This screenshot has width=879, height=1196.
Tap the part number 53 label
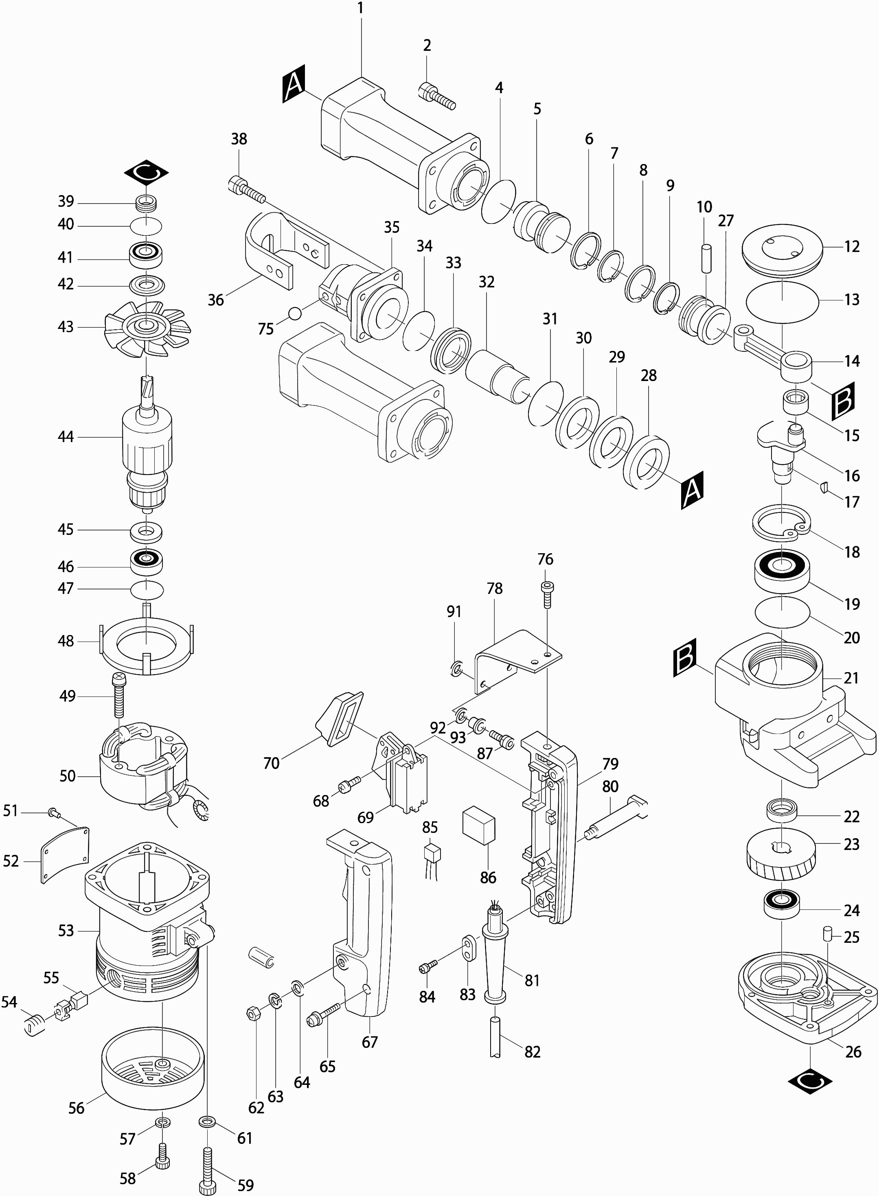coord(66,931)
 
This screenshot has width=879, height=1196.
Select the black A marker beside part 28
coord(692,489)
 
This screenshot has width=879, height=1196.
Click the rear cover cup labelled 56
coord(153,1069)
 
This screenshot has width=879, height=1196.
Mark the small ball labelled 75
coord(295,313)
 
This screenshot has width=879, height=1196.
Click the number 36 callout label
coord(215,300)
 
